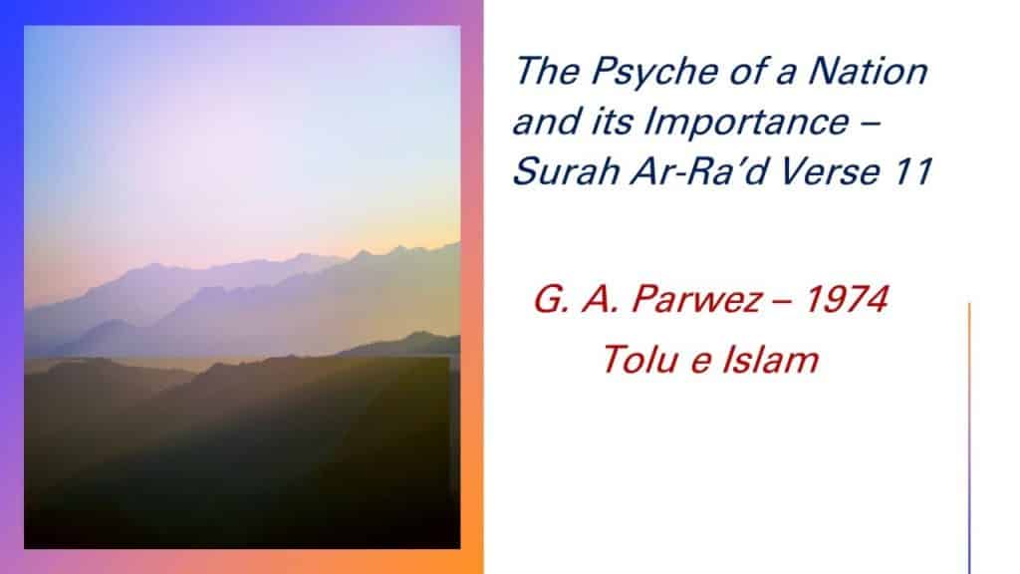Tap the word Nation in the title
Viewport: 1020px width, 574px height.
[x=869, y=71]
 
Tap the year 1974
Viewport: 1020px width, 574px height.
[x=847, y=299]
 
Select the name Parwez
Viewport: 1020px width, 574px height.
[x=696, y=299]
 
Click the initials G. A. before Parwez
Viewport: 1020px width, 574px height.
[x=576, y=299]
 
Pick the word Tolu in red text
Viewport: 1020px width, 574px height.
[x=640, y=360]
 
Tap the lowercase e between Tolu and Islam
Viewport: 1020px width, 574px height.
[x=700, y=364]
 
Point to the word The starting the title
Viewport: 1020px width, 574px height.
[x=548, y=71]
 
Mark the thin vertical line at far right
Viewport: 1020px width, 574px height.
[x=969, y=438]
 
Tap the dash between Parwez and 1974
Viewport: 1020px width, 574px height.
[x=783, y=301]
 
